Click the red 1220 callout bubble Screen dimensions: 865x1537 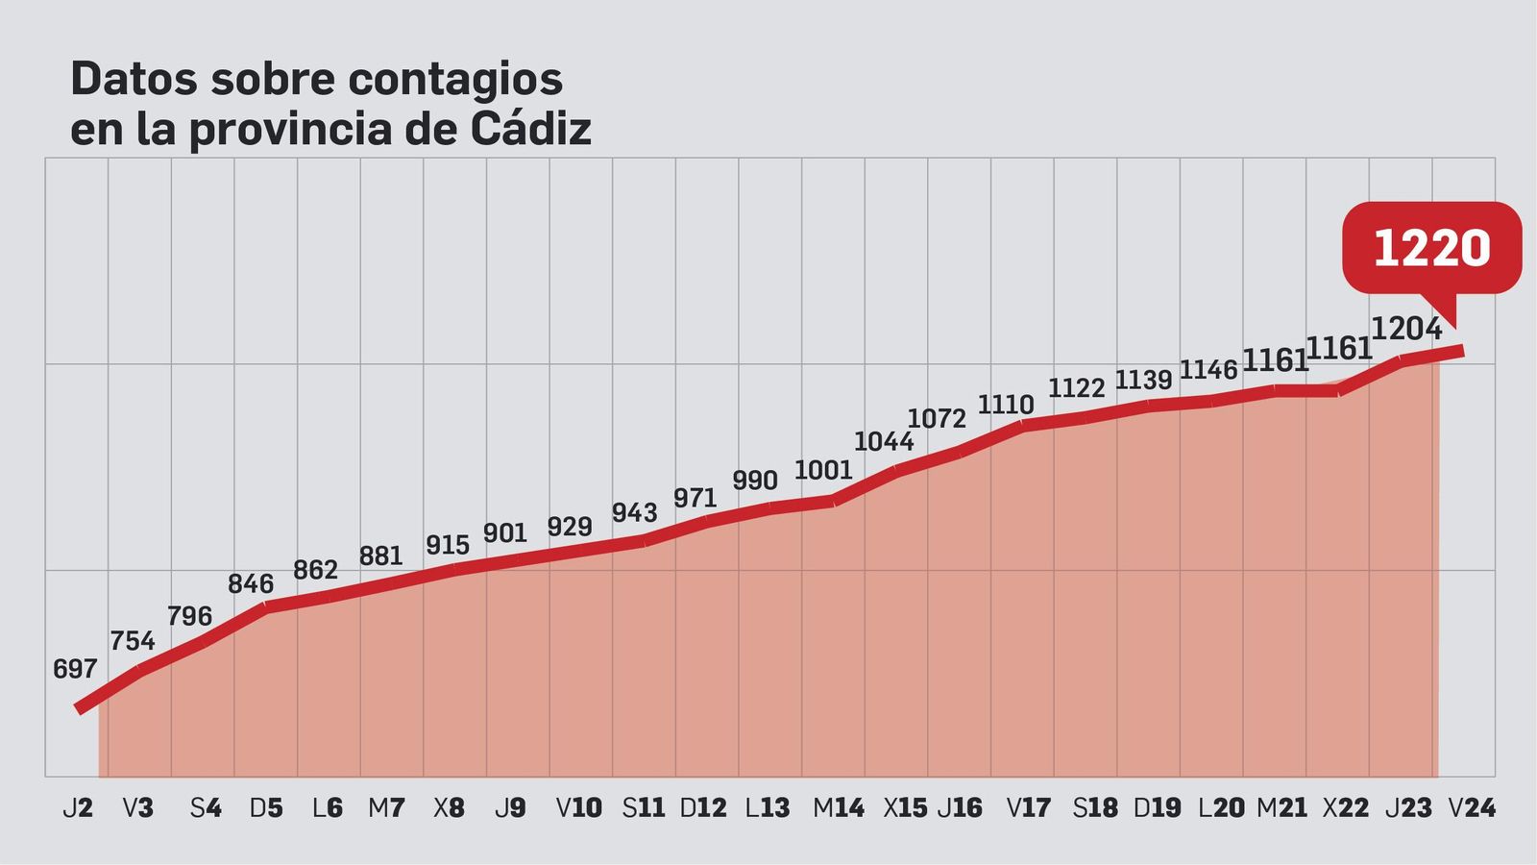(x=1431, y=248)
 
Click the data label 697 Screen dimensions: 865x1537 (x=75, y=669)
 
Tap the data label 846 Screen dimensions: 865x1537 (x=251, y=583)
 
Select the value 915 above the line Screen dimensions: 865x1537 (x=448, y=545)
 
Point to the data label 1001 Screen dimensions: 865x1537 (x=823, y=470)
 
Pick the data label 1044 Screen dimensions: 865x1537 (x=884, y=441)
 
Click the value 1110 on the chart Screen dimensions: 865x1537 (x=1006, y=405)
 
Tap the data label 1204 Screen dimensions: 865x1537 (x=1406, y=329)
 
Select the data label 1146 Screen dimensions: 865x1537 (x=1208, y=369)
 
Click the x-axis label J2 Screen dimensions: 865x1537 (x=78, y=808)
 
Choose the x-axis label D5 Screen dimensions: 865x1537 (x=266, y=808)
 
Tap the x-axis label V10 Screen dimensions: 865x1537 (x=579, y=808)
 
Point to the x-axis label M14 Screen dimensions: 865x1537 (x=839, y=808)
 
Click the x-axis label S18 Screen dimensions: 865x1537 (x=1095, y=808)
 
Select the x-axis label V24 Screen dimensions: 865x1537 (x=1472, y=808)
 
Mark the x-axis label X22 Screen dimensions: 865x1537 (x=1346, y=808)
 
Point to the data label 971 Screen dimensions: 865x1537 (x=695, y=498)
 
